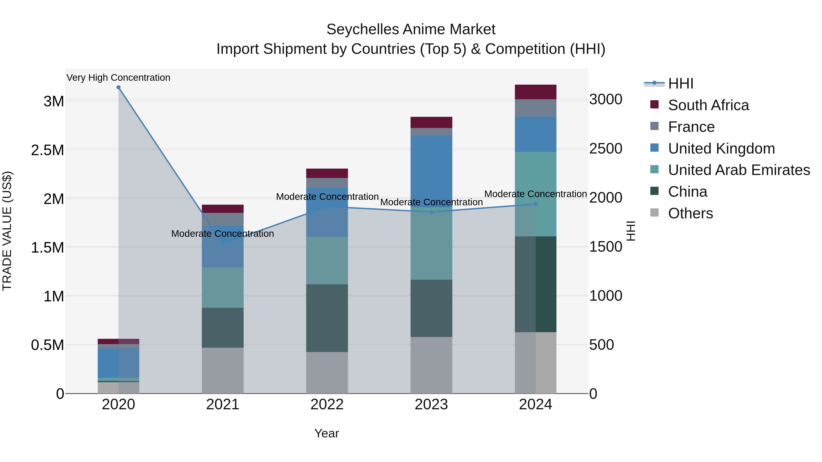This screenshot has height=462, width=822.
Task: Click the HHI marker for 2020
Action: pyautogui.click(x=118, y=87)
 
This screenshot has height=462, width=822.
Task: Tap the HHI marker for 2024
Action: pyautogui.click(x=535, y=204)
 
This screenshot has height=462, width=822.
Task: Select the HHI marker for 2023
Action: pyautogui.click(x=431, y=212)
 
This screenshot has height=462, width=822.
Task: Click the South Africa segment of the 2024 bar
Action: pyautogui.click(x=535, y=92)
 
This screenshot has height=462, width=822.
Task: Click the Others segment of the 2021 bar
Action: pyautogui.click(x=223, y=370)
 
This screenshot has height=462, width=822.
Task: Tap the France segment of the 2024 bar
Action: pyautogui.click(x=535, y=108)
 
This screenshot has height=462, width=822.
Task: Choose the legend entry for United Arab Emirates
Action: pyautogui.click(x=739, y=170)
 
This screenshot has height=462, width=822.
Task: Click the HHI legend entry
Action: pyautogui.click(x=680, y=84)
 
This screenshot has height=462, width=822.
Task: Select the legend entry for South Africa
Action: pyautogui.click(x=708, y=105)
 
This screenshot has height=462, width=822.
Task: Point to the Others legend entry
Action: pyautogui.click(x=690, y=213)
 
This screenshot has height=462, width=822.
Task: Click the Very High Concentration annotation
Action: pyautogui.click(x=118, y=78)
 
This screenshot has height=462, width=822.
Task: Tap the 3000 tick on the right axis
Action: pyautogui.click(x=606, y=99)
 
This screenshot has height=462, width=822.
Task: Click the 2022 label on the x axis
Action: pyautogui.click(x=327, y=405)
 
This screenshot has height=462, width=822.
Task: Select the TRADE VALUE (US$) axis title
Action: pyautogui.click(x=7, y=231)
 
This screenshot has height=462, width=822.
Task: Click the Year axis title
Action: pyautogui.click(x=327, y=433)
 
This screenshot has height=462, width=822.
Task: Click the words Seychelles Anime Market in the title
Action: pyautogui.click(x=411, y=29)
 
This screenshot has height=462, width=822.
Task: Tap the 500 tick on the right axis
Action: pyautogui.click(x=601, y=345)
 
